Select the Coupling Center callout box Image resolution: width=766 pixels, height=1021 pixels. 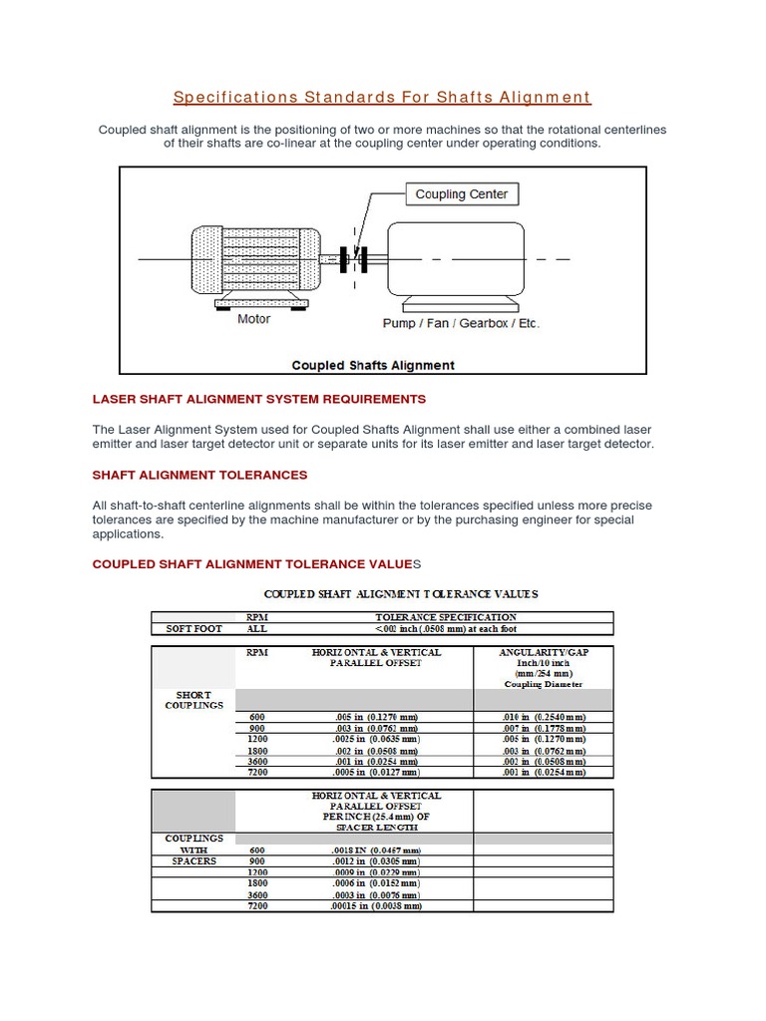[x=461, y=194]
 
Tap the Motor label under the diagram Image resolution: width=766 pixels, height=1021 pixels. [x=253, y=320]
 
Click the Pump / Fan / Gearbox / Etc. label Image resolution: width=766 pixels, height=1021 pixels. [x=461, y=323]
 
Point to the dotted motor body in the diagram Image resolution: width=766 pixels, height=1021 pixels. [x=255, y=259]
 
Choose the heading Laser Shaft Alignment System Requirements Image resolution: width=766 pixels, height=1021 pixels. [x=258, y=399]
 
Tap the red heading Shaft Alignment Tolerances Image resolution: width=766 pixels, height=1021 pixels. [x=199, y=475]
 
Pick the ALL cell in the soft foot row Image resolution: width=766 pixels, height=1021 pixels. [x=257, y=629]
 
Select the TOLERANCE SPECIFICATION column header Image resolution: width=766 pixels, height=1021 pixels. [x=445, y=617]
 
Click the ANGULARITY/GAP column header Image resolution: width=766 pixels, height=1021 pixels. [x=544, y=652]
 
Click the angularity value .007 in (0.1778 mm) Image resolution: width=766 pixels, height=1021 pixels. [x=544, y=728]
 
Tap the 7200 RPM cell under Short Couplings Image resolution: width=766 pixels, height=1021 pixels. [x=257, y=772]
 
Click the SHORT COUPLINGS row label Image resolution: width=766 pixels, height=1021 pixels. [x=192, y=699]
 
